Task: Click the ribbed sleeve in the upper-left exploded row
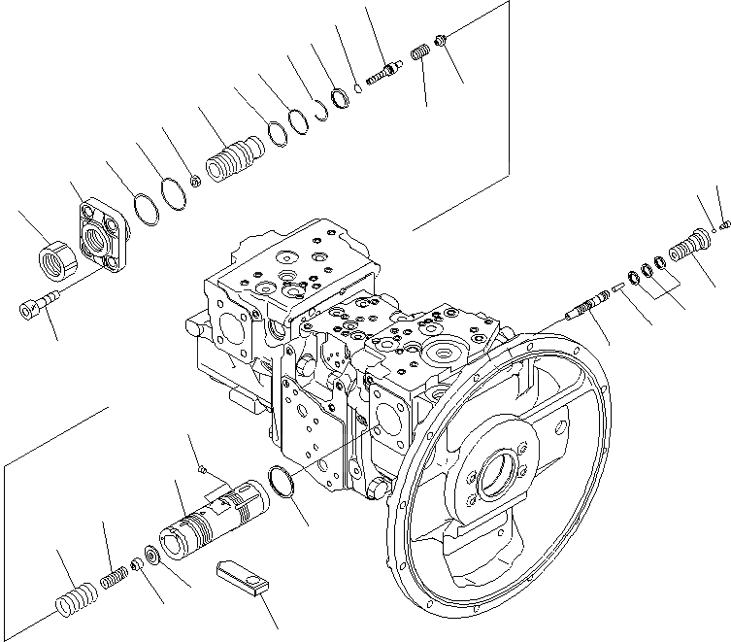[233, 157]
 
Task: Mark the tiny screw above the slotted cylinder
[201, 469]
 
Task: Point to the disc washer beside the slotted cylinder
[152, 557]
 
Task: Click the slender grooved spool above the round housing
[587, 308]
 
